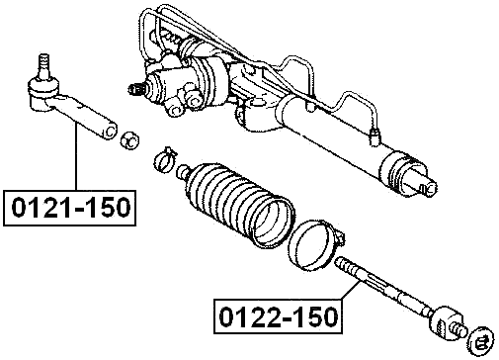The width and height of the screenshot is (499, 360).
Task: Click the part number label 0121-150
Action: [x=69, y=208]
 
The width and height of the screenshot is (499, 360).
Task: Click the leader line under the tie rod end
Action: [x=71, y=158]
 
